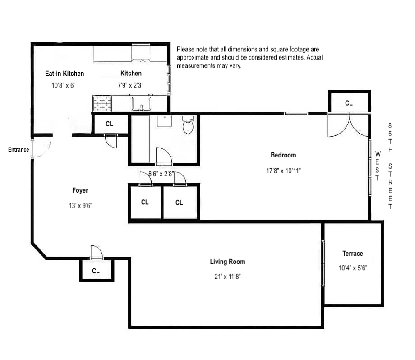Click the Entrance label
coord(18,150)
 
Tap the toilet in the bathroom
coord(188,125)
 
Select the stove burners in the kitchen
coord(102,103)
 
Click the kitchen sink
coord(141,104)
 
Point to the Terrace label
coord(352,254)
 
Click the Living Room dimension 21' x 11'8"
coord(227,277)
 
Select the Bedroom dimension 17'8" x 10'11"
coord(283,171)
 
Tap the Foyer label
coord(80,190)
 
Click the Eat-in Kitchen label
coord(65,73)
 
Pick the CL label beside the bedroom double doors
coord(349,103)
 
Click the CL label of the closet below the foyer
coord(96,271)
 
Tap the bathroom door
coord(163,156)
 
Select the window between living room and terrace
coord(323,263)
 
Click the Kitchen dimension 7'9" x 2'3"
coord(131,85)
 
